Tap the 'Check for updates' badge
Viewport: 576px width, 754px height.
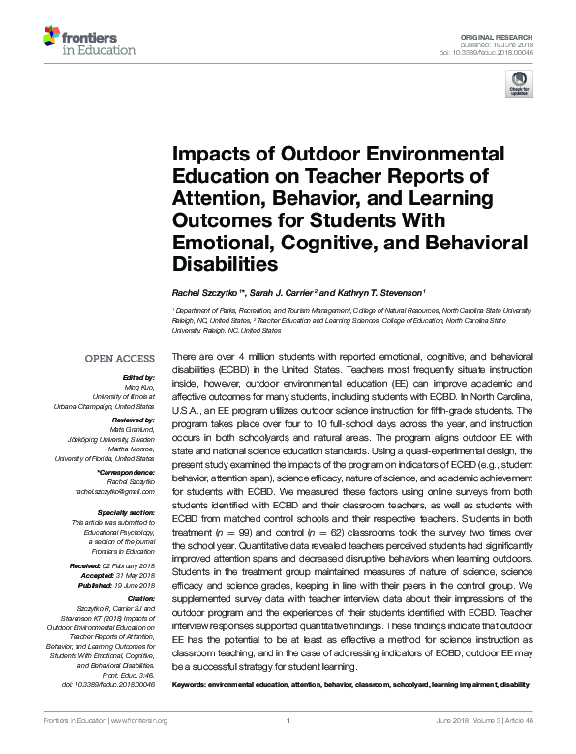click(519, 87)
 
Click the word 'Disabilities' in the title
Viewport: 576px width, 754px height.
click(225, 263)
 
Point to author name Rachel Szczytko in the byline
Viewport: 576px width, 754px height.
click(209, 292)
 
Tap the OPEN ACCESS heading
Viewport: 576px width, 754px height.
click(119, 358)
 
